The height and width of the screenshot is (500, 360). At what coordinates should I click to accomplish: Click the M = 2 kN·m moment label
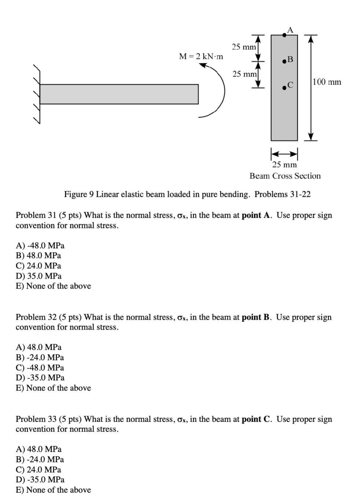tap(201, 56)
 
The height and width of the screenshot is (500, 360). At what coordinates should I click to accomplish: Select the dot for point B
tap(284, 61)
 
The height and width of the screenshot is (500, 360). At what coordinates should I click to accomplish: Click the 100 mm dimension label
tap(327, 82)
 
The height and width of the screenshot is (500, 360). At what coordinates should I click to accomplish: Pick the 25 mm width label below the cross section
tap(284, 165)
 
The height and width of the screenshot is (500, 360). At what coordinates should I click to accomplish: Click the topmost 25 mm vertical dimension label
tap(244, 47)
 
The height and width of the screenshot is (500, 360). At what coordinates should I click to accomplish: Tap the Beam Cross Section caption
tap(285, 176)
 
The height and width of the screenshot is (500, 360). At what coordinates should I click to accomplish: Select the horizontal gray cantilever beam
tap(119, 94)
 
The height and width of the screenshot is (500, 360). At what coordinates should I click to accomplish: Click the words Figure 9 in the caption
tap(79, 194)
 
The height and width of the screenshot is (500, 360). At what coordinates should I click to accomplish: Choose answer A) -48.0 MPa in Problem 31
tap(40, 245)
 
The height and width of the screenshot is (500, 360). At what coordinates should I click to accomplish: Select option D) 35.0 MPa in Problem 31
tap(38, 276)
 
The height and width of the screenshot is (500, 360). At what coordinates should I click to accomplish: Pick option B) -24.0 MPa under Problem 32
tap(40, 357)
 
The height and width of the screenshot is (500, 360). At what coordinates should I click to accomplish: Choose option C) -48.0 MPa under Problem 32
tap(40, 367)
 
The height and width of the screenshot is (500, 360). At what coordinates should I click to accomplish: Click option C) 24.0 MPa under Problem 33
tap(38, 470)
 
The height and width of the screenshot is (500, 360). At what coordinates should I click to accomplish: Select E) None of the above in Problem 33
tap(53, 490)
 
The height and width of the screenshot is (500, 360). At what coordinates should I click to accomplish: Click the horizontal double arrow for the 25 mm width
tap(284, 153)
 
